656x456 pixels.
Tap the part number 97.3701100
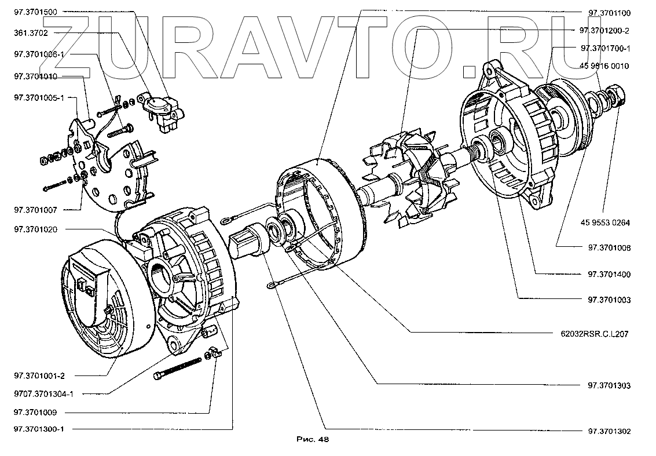pyautogui.click(x=609, y=13)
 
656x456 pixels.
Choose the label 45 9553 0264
pyautogui.click(x=604, y=222)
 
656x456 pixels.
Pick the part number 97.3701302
pyautogui.click(x=609, y=432)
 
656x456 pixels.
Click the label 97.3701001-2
pyautogui.click(x=39, y=375)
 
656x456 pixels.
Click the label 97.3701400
pyautogui.click(x=609, y=274)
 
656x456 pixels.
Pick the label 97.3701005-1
pyautogui.click(x=38, y=99)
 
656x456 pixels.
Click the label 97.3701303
pyautogui.click(x=609, y=385)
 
